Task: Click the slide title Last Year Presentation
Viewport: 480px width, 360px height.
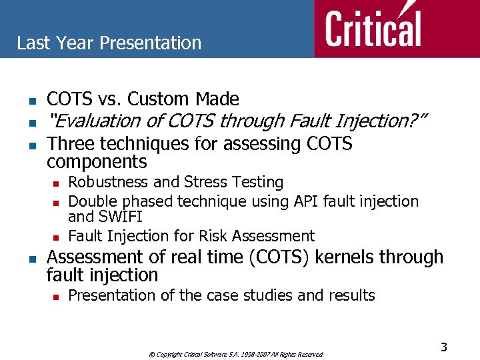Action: pos(109,43)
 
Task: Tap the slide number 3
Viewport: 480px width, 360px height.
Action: pos(443,347)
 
